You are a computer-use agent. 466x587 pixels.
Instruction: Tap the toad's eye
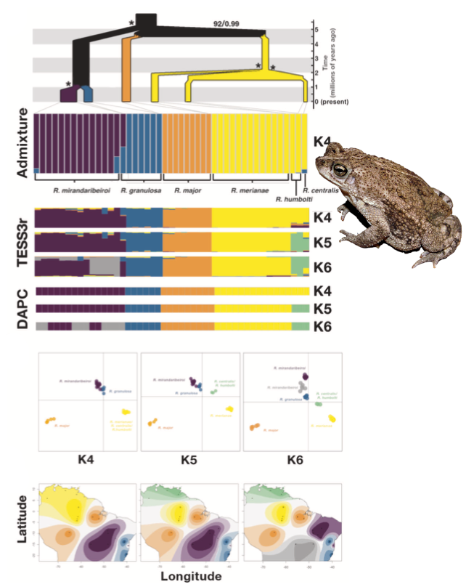339,170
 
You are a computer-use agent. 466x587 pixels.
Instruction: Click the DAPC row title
21,308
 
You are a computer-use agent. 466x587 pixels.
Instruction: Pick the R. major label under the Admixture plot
187,190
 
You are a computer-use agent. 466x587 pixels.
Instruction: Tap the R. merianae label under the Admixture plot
243,190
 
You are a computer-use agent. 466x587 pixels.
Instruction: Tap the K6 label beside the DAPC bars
322,327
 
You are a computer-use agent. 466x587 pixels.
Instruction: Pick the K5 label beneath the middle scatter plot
189,459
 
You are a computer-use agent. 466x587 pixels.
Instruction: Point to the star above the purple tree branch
68,84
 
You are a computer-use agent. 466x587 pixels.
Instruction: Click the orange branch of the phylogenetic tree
126,69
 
